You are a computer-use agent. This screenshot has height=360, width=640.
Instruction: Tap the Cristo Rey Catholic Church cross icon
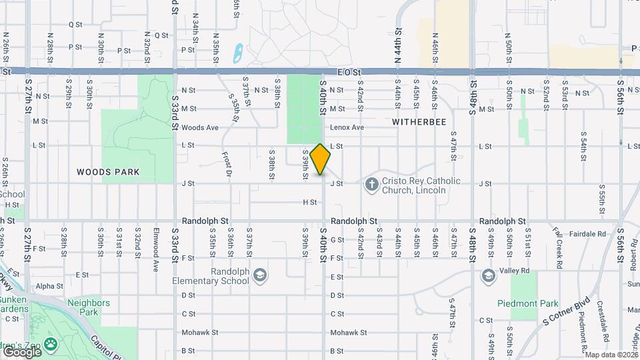(x=371, y=184)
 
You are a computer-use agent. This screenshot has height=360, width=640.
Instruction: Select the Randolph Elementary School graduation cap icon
(x=260, y=275)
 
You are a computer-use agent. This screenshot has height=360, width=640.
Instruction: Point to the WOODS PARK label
(x=108, y=172)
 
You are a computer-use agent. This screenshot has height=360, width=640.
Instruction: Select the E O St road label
(x=349, y=71)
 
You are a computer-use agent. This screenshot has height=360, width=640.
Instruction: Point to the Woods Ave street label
(x=200, y=127)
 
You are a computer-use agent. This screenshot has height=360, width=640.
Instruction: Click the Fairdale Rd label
(x=587, y=234)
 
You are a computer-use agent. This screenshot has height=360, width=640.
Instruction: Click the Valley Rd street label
(x=520, y=271)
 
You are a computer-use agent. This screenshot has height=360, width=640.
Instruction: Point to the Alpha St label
(x=49, y=286)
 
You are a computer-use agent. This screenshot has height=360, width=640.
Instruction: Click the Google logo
(x=21, y=351)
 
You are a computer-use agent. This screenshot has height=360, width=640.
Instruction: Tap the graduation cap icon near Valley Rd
(x=489, y=275)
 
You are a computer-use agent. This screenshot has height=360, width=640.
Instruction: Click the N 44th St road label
(x=397, y=45)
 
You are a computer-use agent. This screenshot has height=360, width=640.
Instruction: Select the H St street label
(x=309, y=202)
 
